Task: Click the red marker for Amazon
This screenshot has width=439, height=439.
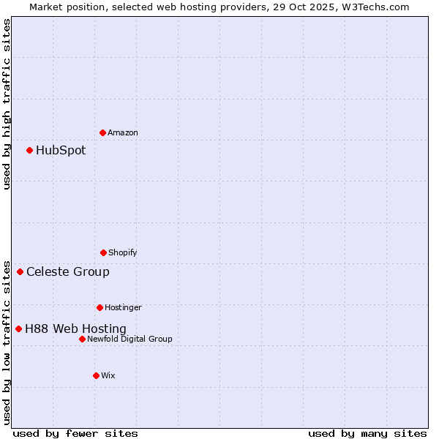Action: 102,132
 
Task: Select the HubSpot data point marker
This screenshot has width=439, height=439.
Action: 29,150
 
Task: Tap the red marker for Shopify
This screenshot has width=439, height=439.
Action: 103,252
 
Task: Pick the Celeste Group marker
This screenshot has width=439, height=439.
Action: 20,271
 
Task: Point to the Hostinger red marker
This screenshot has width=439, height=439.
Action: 100,307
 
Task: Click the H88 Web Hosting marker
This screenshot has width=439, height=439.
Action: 18,329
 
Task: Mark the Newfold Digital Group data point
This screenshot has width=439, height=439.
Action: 82,339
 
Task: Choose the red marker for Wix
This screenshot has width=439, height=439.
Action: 96,375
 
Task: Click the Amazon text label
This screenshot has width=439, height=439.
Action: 123,132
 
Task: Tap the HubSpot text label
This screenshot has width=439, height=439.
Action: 61,151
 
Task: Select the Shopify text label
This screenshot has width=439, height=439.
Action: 123,252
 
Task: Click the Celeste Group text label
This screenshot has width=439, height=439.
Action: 68,272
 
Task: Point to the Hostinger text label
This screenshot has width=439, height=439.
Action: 123,307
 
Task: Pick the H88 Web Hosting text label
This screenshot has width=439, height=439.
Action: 75,329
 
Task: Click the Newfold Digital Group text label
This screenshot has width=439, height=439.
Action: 130,339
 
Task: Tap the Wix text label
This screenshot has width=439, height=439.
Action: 108,375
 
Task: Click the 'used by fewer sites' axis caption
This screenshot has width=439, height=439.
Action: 75,433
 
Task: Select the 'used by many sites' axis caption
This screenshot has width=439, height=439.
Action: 367,433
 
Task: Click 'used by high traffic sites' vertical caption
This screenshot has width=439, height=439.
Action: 7,104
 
